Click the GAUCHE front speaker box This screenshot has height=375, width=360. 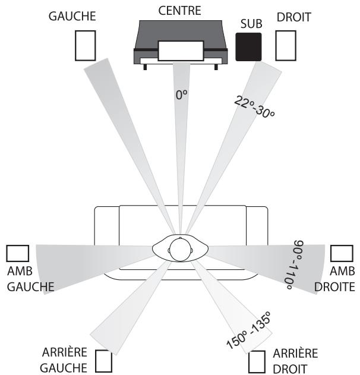pos(85,45)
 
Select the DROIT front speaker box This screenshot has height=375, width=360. pos(286,45)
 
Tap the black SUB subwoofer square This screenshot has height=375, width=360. pos(248,46)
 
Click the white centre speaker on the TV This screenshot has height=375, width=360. pos(179,50)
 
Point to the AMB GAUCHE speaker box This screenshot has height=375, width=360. pos(17,253)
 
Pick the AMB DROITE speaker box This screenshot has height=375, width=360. pos(341,253)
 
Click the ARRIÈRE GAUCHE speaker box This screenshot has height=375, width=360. pos(104,361)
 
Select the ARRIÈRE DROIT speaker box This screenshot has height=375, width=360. pos(257,361)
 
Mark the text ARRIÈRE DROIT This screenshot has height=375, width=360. pos(295,360)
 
